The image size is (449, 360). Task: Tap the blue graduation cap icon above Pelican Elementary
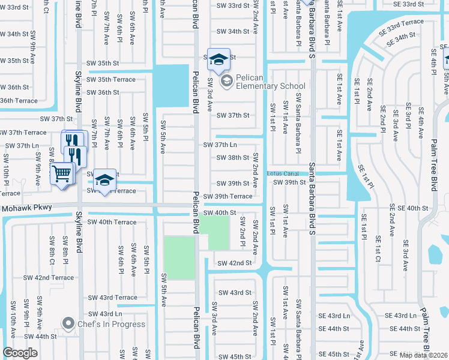[x=218, y=58]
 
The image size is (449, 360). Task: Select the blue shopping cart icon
[x=62, y=175]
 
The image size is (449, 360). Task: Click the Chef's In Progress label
[x=110, y=324]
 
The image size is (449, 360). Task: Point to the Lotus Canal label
[x=282, y=173]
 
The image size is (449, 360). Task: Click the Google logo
[x=20, y=353]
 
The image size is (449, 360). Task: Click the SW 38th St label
[x=234, y=158]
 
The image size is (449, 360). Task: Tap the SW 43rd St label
[x=234, y=292]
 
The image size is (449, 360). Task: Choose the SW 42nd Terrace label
[x=49, y=278]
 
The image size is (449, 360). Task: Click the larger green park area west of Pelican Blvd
[x=179, y=257]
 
